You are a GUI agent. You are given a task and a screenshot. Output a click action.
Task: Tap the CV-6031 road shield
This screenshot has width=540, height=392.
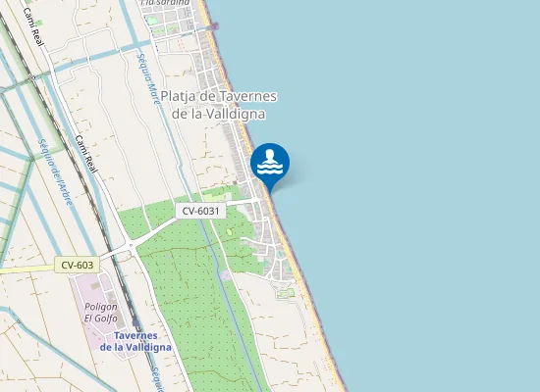point(203,211)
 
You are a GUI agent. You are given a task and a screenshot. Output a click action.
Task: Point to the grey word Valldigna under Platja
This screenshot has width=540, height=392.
point(240,113)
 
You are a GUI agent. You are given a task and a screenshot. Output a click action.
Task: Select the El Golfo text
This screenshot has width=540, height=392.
point(100,318)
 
